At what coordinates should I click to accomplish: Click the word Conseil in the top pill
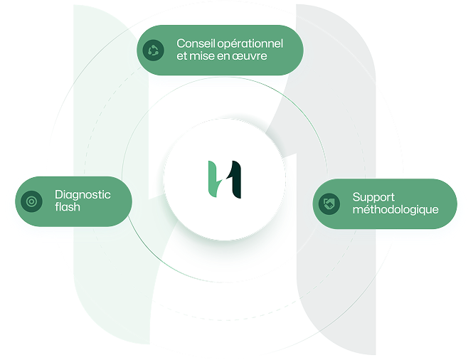pos(193,44)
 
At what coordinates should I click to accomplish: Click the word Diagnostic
pos(83,194)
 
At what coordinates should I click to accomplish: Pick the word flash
pos(68,207)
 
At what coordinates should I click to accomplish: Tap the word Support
pos(373,197)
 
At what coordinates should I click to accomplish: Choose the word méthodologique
pos(395,210)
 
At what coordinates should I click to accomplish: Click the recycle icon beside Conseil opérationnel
pos(153,50)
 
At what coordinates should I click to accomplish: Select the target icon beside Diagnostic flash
pos(31,201)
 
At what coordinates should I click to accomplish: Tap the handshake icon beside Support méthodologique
pos(329,204)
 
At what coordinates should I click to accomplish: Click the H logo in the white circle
pos(225,179)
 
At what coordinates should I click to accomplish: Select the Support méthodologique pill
pos(385,204)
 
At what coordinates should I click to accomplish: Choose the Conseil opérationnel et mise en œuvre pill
pos(220,50)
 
